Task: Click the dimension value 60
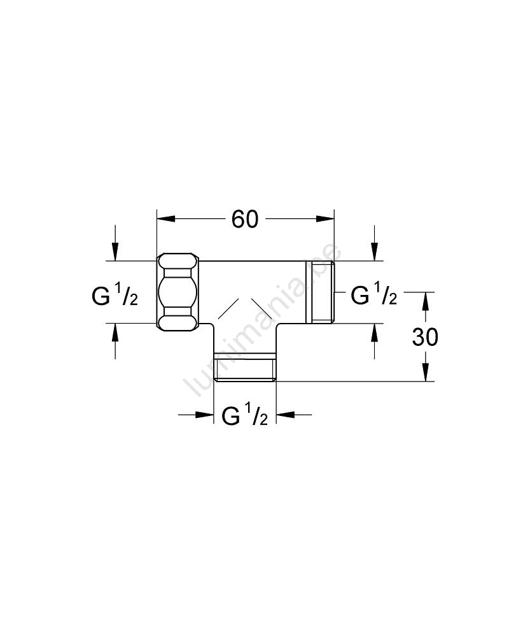(x=245, y=220)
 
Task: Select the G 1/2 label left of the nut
(x=115, y=297)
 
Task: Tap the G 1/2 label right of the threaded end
(x=373, y=296)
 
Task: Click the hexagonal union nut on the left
(x=178, y=292)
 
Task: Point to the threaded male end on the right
(x=319, y=292)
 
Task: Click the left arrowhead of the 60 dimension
(x=166, y=219)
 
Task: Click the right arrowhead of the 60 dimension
(x=325, y=219)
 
